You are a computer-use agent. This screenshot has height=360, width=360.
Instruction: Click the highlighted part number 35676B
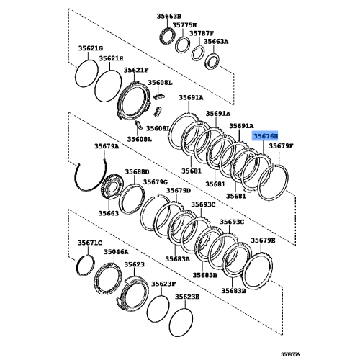264,135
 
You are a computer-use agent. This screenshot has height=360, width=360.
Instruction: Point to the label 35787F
202,33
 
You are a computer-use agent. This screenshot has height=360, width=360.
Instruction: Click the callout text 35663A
215,42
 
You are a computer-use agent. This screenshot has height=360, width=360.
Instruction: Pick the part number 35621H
112,58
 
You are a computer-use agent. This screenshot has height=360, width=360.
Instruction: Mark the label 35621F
135,70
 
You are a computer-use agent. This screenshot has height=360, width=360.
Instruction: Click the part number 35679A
107,146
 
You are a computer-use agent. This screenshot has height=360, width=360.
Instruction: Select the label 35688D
136,172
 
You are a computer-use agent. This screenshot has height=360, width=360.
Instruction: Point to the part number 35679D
179,191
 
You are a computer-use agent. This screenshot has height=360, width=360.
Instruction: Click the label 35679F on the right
282,146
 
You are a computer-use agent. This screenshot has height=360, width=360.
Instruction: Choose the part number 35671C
90,243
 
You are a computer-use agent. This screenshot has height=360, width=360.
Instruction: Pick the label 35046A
115,253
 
